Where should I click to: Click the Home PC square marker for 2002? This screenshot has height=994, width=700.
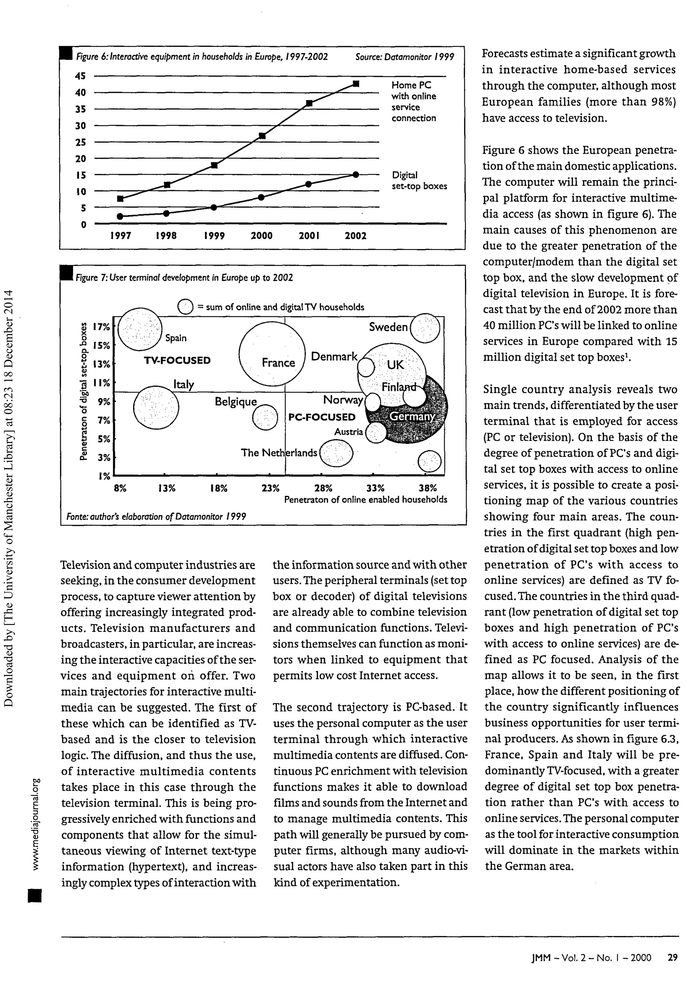[355, 84]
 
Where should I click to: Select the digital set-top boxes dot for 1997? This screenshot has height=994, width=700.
[120, 216]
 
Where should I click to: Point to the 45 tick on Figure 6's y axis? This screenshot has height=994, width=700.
[81, 76]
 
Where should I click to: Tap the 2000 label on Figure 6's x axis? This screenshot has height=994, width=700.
[261, 236]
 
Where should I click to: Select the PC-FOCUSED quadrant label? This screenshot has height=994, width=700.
[322, 417]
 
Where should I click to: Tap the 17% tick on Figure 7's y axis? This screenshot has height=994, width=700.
[102, 327]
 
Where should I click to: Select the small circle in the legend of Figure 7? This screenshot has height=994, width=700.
[185, 307]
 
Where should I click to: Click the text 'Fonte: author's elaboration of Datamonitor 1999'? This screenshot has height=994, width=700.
[156, 516]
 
